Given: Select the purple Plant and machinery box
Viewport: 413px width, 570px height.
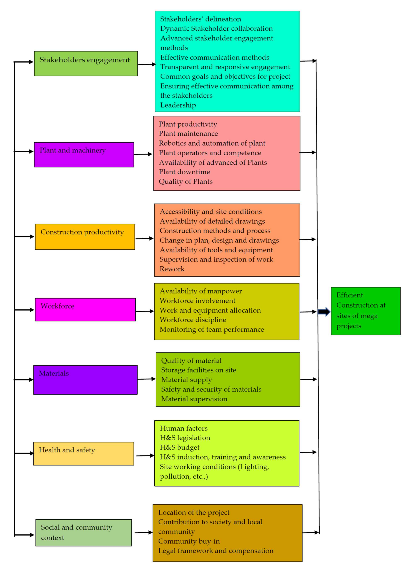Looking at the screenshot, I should tap(84, 155).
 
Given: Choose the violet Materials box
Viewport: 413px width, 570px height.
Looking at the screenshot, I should tap(85, 380).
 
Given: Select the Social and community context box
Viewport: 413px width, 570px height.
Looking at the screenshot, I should tap(84, 533).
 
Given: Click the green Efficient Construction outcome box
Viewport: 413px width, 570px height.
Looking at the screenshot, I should tap(365, 311).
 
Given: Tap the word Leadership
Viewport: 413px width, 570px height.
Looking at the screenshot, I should tap(178, 105).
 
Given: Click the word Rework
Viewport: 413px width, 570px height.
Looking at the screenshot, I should tap(172, 269).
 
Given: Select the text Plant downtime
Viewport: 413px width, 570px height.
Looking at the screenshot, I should tap(184, 172).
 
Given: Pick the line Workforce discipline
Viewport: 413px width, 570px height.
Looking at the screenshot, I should tap(193, 320).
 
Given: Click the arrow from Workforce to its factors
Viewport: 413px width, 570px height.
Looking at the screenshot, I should tap(145, 311).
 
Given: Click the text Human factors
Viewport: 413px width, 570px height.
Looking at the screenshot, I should tap(184, 428).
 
